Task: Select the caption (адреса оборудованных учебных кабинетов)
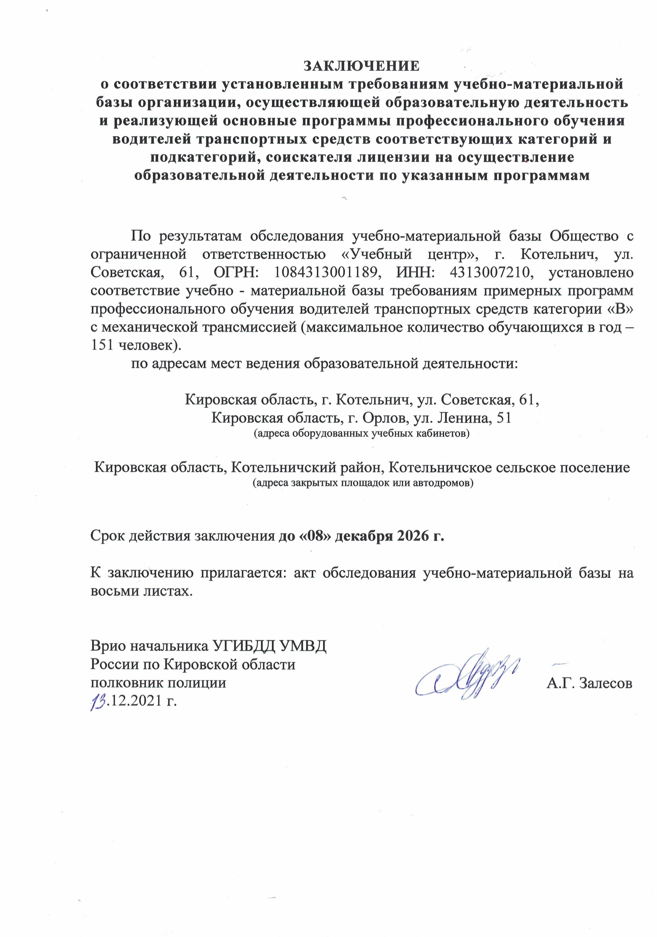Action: (362, 433)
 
